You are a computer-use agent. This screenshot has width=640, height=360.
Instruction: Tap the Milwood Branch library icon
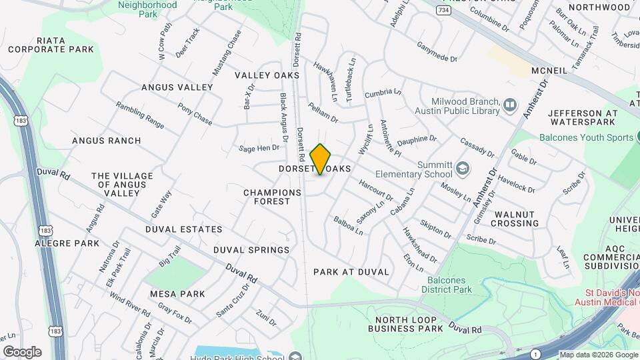(x=510, y=105)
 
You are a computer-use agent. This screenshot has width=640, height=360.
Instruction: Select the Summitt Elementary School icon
(x=463, y=167)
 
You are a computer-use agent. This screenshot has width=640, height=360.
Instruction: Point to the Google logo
(x=22, y=351)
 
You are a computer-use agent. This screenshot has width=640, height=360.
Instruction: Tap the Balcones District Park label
(x=447, y=285)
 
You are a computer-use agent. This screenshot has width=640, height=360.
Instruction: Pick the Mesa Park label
(x=177, y=293)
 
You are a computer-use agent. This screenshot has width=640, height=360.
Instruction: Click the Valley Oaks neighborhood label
(x=267, y=75)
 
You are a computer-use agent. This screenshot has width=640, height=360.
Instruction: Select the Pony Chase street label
(x=195, y=114)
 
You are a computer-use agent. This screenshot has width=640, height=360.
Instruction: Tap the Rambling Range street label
(x=140, y=115)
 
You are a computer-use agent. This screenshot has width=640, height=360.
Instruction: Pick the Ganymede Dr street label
(x=437, y=53)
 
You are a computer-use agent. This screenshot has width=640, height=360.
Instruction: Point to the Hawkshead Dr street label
(x=419, y=245)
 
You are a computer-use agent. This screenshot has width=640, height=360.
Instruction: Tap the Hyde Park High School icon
(x=296, y=355)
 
